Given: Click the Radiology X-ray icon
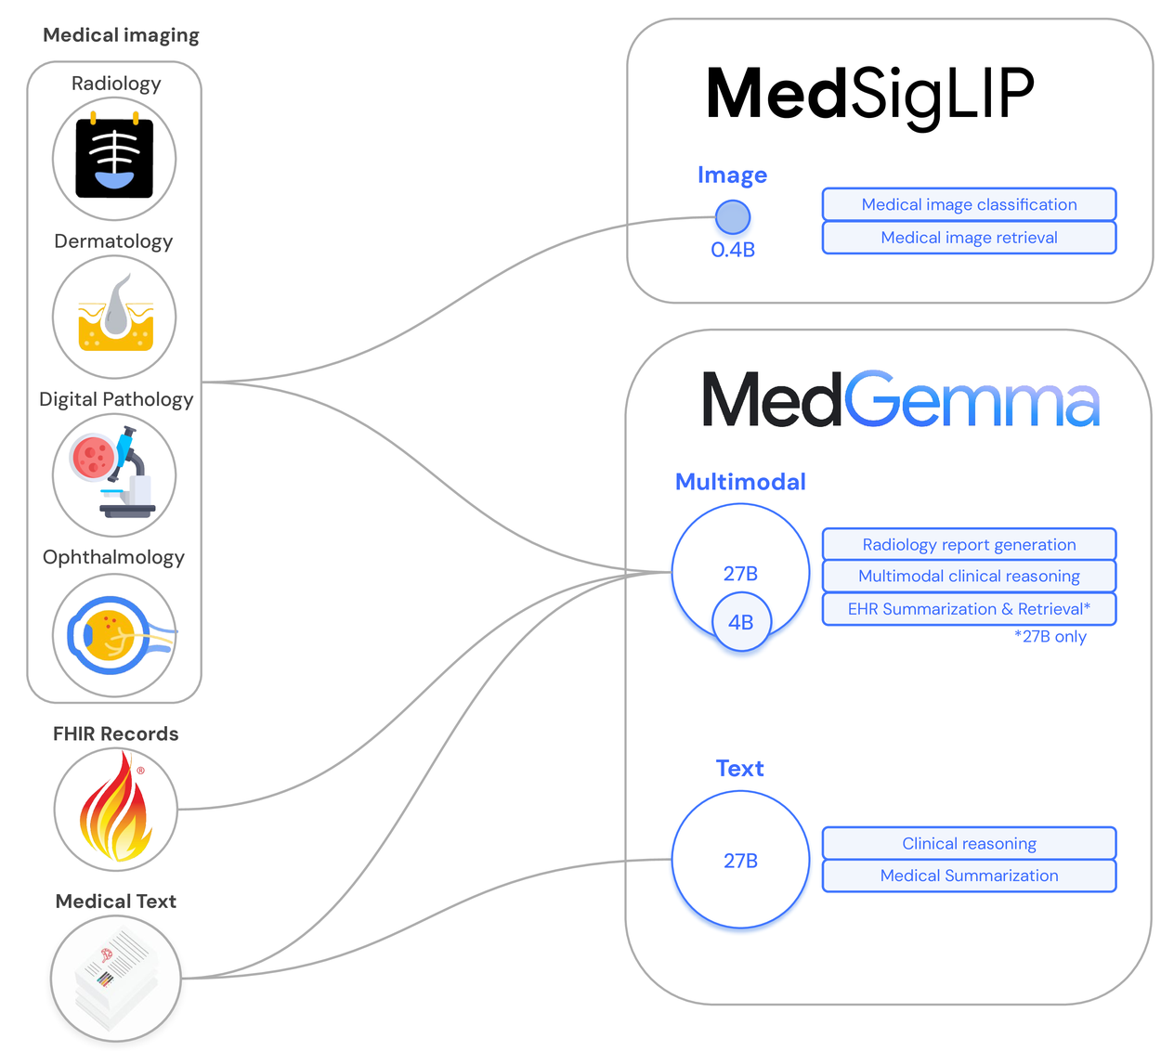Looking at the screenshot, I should (x=114, y=159).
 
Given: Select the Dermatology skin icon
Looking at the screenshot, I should (x=114, y=317).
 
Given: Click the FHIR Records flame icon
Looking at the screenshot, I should (x=115, y=810).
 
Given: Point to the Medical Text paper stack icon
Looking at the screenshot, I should (x=115, y=979).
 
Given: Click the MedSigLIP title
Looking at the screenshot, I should (x=869, y=95).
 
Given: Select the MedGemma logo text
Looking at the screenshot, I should (x=900, y=400).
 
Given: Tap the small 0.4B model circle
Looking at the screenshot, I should (x=733, y=217).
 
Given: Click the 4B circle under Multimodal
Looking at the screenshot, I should (x=741, y=622).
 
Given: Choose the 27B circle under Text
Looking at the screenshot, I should (x=740, y=860).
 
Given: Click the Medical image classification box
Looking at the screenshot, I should (x=969, y=204).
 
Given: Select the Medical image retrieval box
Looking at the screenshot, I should (x=969, y=238).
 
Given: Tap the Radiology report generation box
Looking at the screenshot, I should (x=969, y=544).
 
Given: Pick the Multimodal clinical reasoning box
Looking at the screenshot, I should (x=969, y=576).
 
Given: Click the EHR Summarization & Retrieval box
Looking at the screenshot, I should (x=969, y=609).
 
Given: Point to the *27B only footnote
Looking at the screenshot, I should (x=1050, y=637).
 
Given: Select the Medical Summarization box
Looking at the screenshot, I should (x=969, y=876).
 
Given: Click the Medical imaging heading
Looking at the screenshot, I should (x=121, y=35).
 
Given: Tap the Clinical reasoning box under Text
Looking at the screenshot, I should (x=969, y=843).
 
